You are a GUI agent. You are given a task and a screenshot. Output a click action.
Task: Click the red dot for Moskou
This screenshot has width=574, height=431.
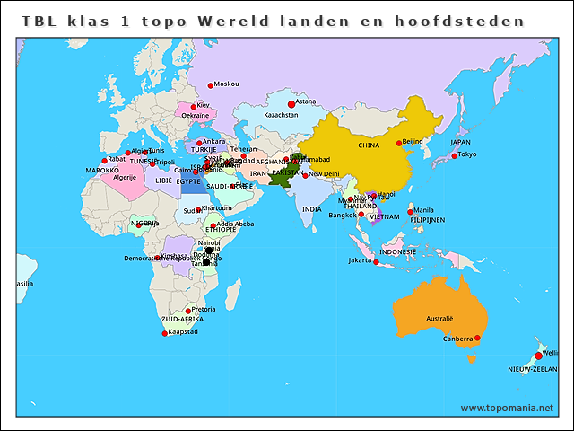tap(211, 85)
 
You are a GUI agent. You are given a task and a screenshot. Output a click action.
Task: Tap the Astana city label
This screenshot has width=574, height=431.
tap(305, 101)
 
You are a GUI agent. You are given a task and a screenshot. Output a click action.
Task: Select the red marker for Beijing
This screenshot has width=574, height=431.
tap(399, 143)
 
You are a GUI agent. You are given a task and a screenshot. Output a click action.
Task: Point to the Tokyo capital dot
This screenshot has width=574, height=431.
tap(455, 155)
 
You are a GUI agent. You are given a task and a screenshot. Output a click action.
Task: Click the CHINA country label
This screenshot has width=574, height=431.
tap(369, 145)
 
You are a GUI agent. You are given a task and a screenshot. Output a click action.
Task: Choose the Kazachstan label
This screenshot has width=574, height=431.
tap(281, 116)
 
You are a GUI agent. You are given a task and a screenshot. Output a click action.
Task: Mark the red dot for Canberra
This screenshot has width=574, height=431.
tap(477, 338)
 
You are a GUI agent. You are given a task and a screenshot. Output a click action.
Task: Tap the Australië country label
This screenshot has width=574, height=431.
tap(439, 319)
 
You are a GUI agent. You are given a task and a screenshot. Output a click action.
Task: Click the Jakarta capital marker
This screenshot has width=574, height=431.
tap(376, 262)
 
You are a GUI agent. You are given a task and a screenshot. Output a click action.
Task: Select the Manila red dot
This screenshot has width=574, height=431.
tap(411, 212)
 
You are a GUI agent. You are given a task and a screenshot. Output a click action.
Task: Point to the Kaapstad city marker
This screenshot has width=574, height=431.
tap(165, 333)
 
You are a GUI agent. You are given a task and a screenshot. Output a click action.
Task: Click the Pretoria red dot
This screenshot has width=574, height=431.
tap(188, 311)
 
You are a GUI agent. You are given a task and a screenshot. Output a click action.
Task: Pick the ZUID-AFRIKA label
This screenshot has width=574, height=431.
tap(182, 320)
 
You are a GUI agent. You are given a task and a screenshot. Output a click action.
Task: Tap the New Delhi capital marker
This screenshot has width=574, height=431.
tap(305, 174)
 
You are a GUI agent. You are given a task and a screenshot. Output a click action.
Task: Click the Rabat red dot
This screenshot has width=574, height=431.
tap(105, 161)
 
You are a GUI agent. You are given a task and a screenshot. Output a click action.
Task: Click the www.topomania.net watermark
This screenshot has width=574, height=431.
tap(507, 408)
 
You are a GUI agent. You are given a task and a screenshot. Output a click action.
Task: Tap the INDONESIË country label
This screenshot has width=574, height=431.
tap(397, 252)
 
